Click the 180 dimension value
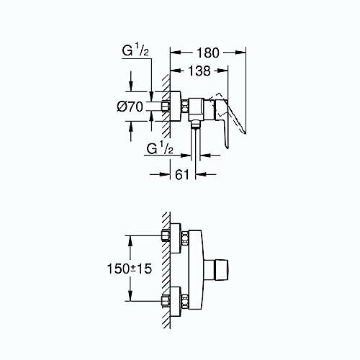coord(208,53)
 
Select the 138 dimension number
coord(199,71)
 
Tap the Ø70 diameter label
coord(130,107)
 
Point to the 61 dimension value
coord(182,174)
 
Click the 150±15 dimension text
coord(130,269)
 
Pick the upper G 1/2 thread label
coord(135,50)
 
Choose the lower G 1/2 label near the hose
coord(160,148)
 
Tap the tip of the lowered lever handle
coord(228,148)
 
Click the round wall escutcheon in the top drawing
coord(175,107)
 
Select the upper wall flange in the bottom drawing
coord(175,238)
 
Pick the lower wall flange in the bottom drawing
coord(175,302)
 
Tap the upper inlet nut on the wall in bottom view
coord(166,235)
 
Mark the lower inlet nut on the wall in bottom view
coord(166,301)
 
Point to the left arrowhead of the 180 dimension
coord(175,53)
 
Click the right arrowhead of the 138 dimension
coord(222,71)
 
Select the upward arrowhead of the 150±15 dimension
coord(130,240)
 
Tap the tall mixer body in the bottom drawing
coord(196,269)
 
